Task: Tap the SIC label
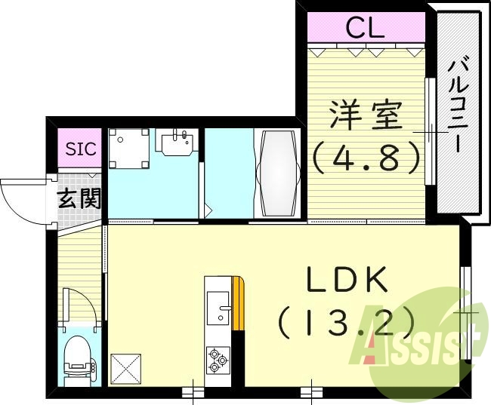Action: [80, 149]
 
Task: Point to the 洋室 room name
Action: [366, 118]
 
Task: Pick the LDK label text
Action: [347, 281]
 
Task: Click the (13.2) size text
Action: [347, 324]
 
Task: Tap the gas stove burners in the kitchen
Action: [218, 359]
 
